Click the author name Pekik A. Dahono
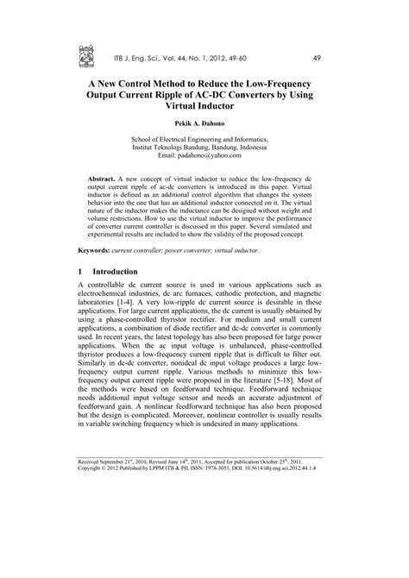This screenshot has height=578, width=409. [x=203, y=124]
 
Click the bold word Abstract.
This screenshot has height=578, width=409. [x=106, y=176]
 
